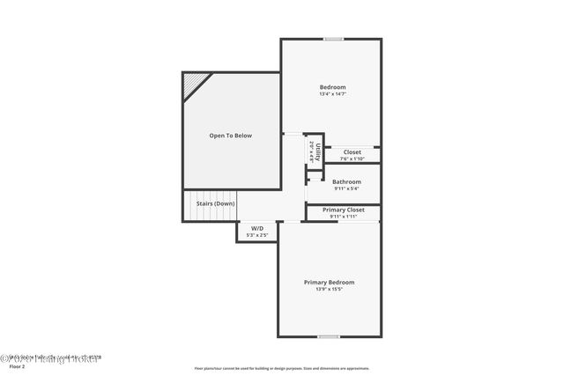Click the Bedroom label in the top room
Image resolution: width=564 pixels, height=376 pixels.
pyautogui.click(x=332, y=87)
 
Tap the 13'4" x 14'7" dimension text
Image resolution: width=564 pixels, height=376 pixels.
pyautogui.click(x=332, y=94)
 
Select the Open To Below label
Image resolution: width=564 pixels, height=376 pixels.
pyautogui.click(x=230, y=136)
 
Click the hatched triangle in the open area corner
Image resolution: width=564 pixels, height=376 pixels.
pyautogui.click(x=194, y=84)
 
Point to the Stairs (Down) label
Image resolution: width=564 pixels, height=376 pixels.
pyautogui.click(x=215, y=203)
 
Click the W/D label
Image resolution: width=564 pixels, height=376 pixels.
pyautogui.click(x=257, y=228)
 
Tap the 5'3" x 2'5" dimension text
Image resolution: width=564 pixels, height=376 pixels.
pyautogui.click(x=257, y=235)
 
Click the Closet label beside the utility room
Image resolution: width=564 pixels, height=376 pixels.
pyautogui.click(x=352, y=152)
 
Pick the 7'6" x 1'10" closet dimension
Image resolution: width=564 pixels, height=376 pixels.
pyautogui.click(x=352, y=159)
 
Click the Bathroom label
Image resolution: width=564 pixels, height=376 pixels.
pyautogui.click(x=346, y=181)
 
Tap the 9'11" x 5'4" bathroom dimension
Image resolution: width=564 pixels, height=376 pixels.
pyautogui.click(x=346, y=188)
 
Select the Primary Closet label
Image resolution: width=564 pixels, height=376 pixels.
pyautogui.click(x=344, y=210)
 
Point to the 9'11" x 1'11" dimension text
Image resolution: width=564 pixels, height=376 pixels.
pyautogui.click(x=344, y=217)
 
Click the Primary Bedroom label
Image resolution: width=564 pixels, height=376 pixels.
pyautogui.click(x=330, y=282)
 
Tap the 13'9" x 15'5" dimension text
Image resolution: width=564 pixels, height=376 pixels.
pyautogui.click(x=330, y=289)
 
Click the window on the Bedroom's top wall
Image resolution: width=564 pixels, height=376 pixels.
pyautogui.click(x=333, y=39)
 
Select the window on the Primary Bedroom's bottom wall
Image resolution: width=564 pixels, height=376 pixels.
pyautogui.click(x=329, y=336)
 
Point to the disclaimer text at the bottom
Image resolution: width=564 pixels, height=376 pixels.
pyautogui.click(x=282, y=368)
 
